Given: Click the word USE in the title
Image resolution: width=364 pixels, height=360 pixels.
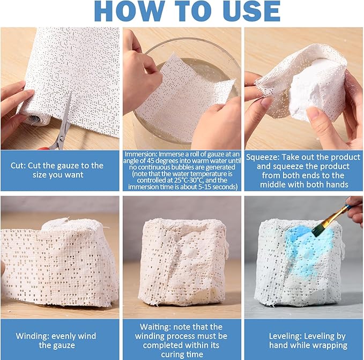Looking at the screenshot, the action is (x=251, y=11).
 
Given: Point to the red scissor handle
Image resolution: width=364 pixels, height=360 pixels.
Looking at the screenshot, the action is (x=44, y=148).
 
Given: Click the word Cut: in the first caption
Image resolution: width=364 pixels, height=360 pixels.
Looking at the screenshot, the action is (x=18, y=166).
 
